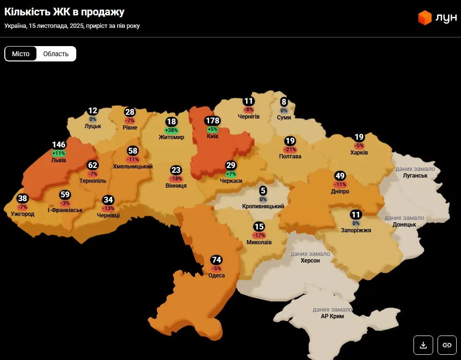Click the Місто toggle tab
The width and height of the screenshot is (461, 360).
(21, 54)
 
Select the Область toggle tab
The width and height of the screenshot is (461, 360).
(56, 54)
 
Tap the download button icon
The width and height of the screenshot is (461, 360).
(423, 345)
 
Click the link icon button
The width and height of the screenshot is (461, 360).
(447, 345)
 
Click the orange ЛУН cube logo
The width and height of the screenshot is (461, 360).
(425, 18)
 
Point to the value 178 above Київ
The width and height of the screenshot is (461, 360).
(212, 120)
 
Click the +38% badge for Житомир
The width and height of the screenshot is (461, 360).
(171, 130)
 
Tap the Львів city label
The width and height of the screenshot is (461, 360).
(59, 160)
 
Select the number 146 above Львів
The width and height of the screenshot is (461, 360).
(59, 144)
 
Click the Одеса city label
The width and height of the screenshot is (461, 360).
(217, 276)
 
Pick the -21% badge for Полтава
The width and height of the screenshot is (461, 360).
(290, 149)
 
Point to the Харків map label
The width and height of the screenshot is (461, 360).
(359, 153)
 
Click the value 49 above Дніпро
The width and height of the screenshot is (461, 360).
(340, 175)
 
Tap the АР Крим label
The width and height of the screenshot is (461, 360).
(332, 316)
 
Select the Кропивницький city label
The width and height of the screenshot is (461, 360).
(263, 206)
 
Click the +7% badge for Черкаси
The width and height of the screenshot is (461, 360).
(231, 174)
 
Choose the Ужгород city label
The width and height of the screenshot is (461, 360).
(23, 214)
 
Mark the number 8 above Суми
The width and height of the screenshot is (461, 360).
(284, 102)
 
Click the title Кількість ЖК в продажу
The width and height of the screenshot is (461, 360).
(65, 12)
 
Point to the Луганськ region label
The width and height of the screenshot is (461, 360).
(415, 176)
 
